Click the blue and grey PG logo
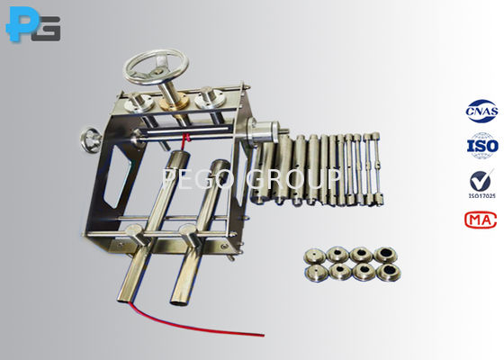(33, 26)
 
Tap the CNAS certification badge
(481, 111)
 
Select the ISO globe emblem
(481, 145)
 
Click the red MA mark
(480, 220)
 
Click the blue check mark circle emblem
(481, 179)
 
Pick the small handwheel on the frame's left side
(92, 141)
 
